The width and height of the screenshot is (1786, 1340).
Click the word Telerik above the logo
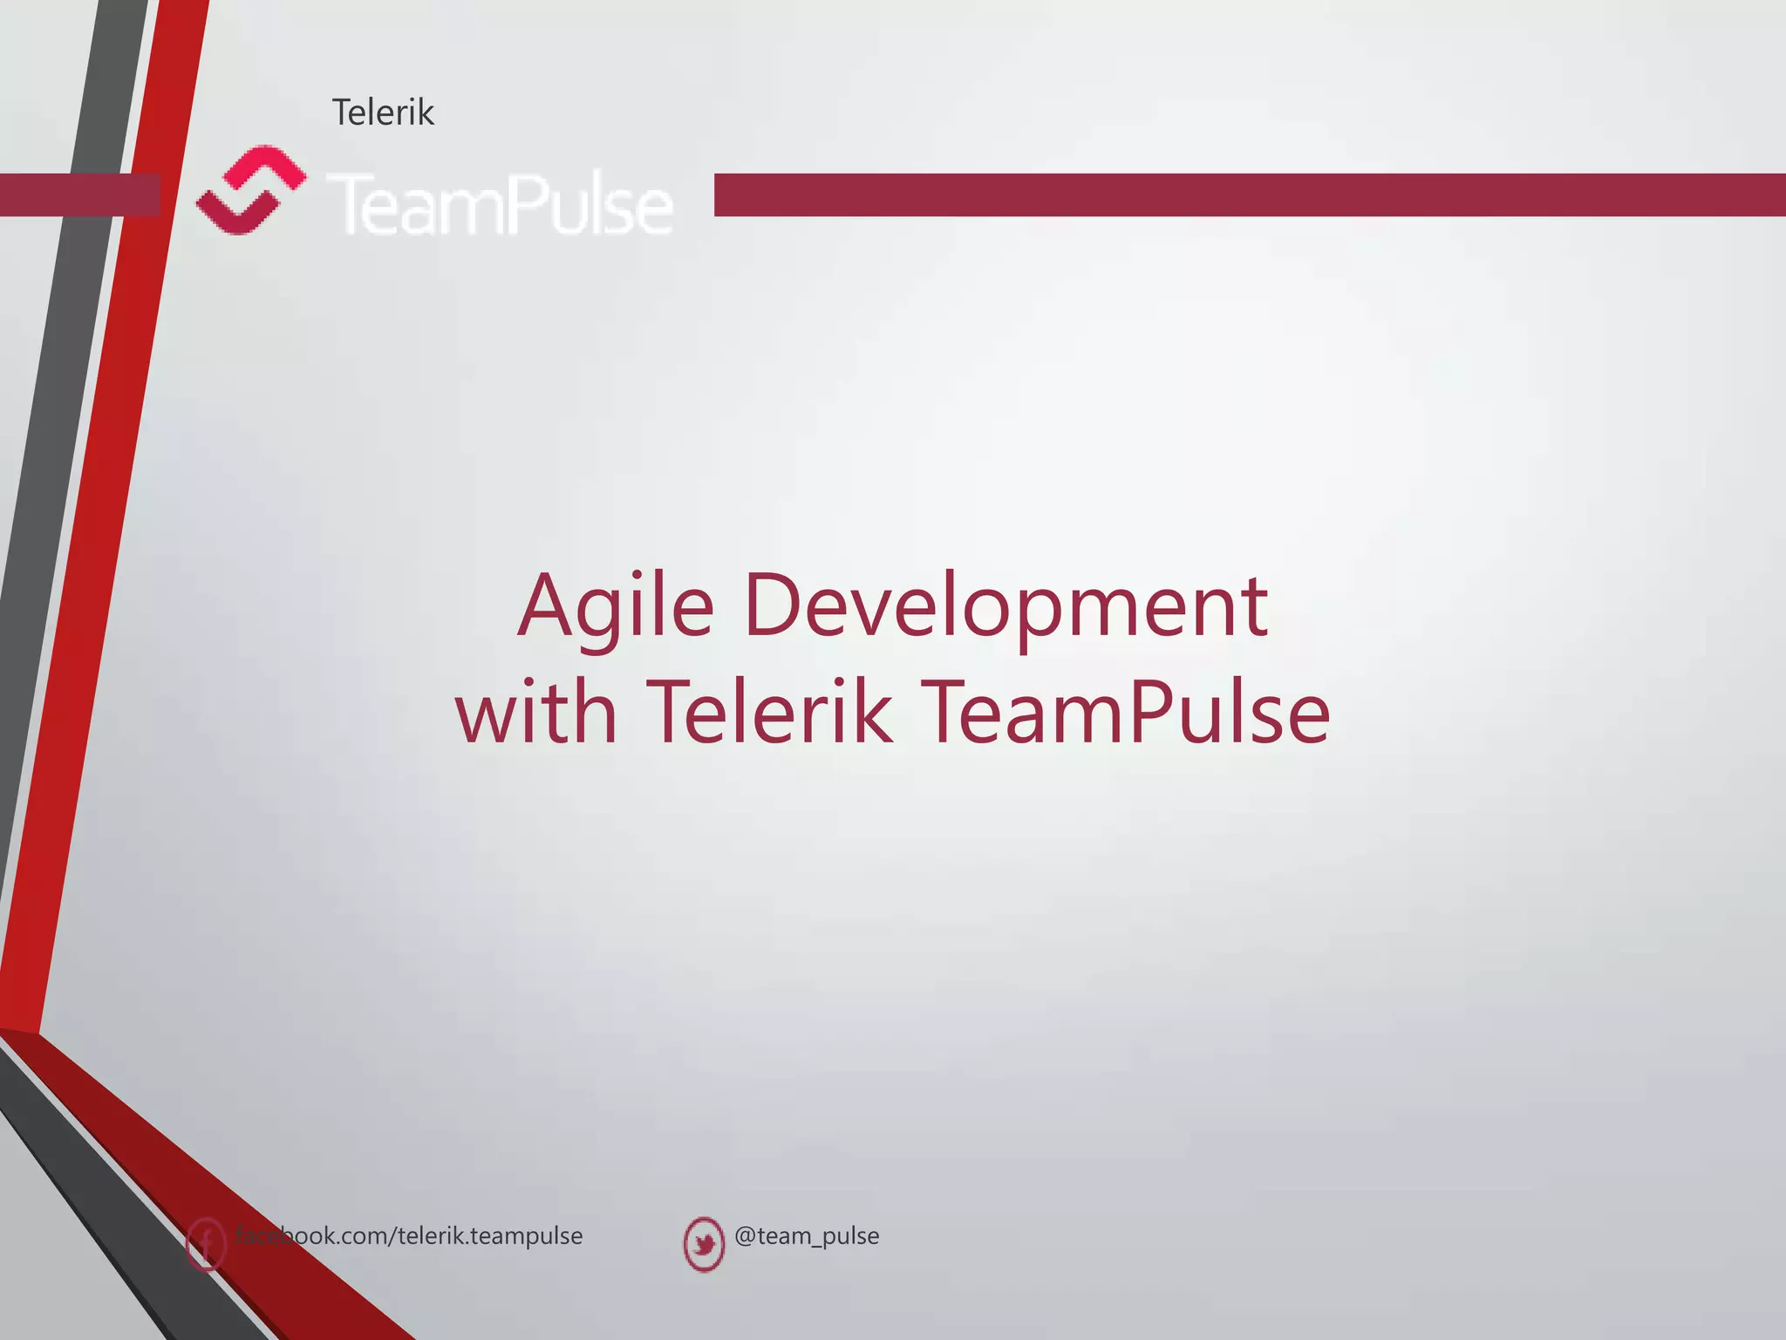click(x=383, y=113)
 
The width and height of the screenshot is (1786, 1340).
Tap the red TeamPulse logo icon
click(x=250, y=191)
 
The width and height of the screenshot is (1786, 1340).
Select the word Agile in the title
click(x=616, y=606)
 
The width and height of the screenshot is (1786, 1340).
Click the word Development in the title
click(x=1005, y=606)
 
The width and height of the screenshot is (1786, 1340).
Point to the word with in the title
click(x=536, y=713)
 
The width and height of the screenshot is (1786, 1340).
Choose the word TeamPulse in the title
click(x=1125, y=713)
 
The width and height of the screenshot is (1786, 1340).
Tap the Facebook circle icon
click(x=206, y=1243)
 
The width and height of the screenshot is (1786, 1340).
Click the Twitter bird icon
click(x=704, y=1243)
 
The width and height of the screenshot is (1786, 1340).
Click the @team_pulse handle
click(x=807, y=1235)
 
